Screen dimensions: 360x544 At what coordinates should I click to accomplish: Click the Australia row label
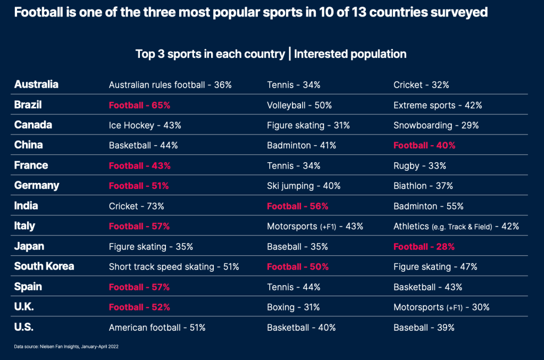36,85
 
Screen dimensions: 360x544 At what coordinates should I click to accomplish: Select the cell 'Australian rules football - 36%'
170,85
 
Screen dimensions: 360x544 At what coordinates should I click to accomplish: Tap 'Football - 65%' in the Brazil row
139,105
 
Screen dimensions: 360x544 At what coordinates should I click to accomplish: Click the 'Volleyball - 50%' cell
299,105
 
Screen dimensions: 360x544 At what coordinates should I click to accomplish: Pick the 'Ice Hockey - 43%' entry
145,125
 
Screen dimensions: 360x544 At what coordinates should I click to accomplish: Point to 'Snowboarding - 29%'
436,125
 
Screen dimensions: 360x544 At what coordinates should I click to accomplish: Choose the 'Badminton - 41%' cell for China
302,146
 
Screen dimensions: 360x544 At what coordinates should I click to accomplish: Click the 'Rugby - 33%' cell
420,166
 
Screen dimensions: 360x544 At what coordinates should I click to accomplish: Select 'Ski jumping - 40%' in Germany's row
304,186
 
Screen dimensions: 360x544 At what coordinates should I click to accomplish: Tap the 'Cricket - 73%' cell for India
137,206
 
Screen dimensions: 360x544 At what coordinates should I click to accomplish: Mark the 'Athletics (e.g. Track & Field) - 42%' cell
456,227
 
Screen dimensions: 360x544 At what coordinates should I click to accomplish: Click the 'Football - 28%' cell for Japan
424,247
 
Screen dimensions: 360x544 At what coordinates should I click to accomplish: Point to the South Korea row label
44,266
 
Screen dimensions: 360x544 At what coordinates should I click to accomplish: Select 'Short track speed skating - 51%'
174,267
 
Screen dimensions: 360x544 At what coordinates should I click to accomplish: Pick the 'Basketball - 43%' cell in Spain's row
428,287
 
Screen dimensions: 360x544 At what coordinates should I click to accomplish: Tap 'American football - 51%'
157,328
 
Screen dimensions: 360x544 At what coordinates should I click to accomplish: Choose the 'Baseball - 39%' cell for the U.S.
424,328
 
